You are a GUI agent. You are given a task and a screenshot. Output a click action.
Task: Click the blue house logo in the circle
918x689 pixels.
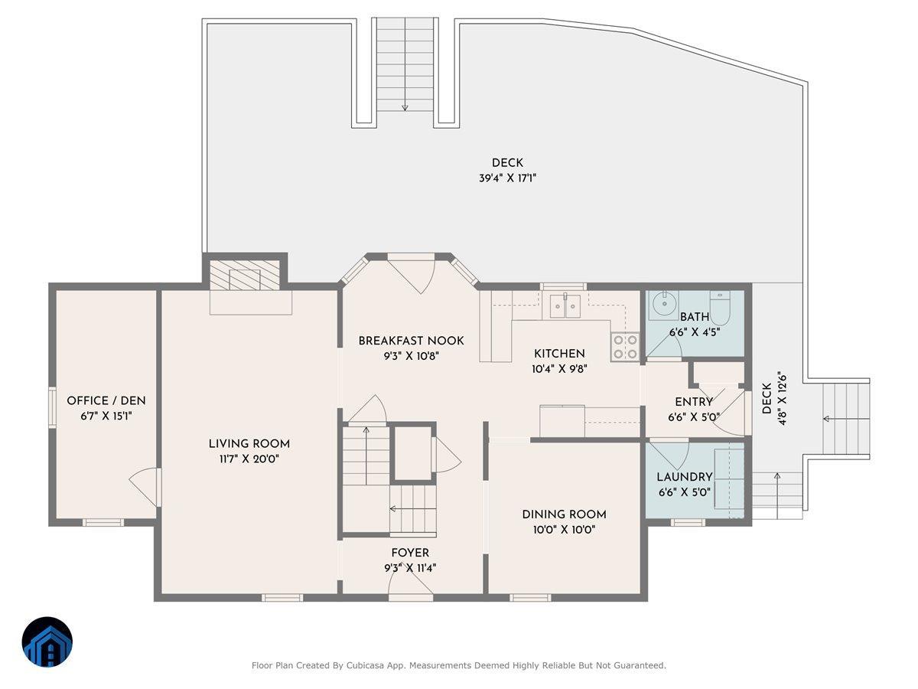tap(47, 642)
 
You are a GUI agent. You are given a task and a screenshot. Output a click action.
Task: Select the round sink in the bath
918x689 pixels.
tap(663, 305)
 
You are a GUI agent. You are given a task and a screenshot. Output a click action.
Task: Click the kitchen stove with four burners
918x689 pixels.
tap(625, 347)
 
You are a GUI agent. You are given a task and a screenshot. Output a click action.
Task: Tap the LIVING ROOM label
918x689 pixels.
tap(249, 443)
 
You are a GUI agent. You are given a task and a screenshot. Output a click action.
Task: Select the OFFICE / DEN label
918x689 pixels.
tap(106, 400)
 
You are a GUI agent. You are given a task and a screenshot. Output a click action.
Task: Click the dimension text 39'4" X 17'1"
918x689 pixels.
tap(507, 178)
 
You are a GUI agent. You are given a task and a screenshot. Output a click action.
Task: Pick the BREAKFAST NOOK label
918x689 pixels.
tap(411, 341)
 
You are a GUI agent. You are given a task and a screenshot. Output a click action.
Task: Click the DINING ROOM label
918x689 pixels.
tap(564, 514)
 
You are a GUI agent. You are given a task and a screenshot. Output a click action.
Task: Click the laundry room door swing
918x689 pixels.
tap(669, 456)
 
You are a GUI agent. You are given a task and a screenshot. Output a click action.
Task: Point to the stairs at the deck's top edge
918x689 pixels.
tap(405, 64)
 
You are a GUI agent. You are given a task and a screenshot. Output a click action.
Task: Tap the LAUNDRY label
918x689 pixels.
tap(684, 477)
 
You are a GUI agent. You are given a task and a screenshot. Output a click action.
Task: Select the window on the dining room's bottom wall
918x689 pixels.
tap(530, 597)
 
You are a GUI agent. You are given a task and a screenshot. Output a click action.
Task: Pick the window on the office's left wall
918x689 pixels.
tap(52, 406)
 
